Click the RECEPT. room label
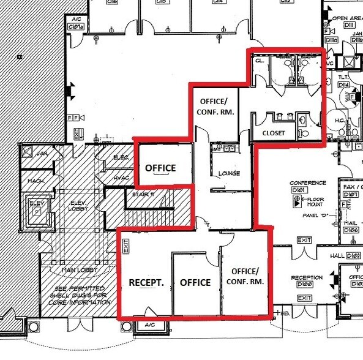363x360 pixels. [144, 283]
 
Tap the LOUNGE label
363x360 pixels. [228, 173]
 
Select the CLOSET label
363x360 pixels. [273, 133]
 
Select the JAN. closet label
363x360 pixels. [42, 153]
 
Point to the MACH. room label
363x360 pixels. [36, 181]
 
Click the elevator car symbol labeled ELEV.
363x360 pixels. [37, 209]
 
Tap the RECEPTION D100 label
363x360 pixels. [307, 280]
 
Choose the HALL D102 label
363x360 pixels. [346, 255]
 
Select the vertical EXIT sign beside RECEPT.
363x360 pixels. [126, 247]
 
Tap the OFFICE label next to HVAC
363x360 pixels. [160, 168]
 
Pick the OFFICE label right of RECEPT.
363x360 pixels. [195, 283]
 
